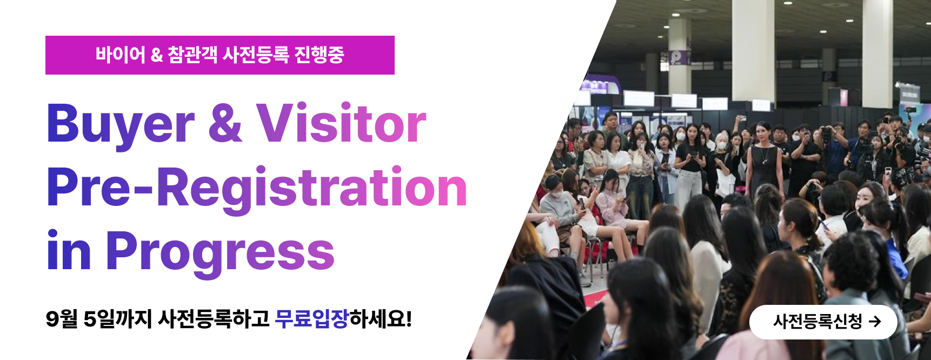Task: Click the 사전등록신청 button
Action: tap(823, 322)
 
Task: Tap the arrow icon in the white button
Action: tap(875, 322)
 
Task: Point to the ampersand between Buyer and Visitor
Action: tap(225, 123)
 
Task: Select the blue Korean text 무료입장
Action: tap(311, 319)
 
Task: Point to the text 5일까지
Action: tap(118, 319)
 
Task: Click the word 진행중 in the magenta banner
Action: tap(319, 55)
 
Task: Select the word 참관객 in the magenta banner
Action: tap(192, 55)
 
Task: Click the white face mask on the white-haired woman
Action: tap(721, 145)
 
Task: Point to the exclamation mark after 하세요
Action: tap(409, 319)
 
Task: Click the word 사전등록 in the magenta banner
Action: tap(256, 55)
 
